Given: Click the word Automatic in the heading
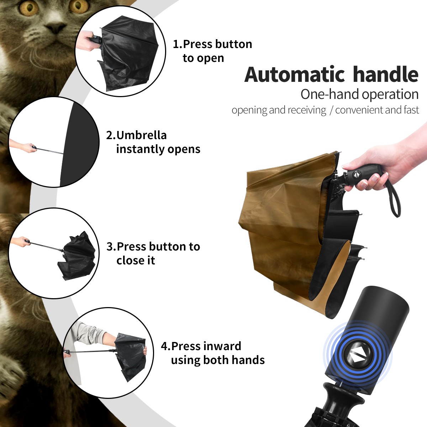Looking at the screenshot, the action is click(x=295, y=75).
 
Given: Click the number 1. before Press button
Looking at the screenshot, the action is click(x=178, y=44).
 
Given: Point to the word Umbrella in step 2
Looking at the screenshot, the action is click(x=141, y=135).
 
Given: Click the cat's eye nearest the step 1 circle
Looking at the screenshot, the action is click(x=78, y=6).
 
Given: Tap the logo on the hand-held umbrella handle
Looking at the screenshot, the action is click(x=355, y=175).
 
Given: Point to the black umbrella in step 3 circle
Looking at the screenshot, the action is click(x=77, y=256).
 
